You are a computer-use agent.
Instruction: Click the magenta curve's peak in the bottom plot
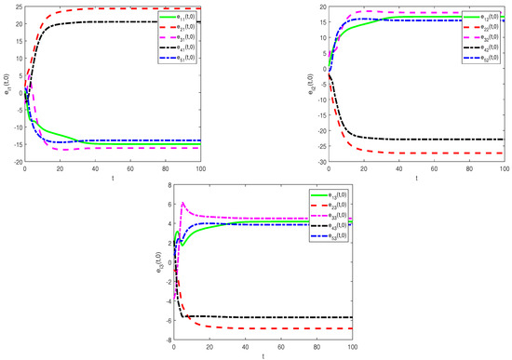tap(182, 203)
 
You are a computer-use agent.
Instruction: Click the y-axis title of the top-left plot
tap(6, 84)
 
